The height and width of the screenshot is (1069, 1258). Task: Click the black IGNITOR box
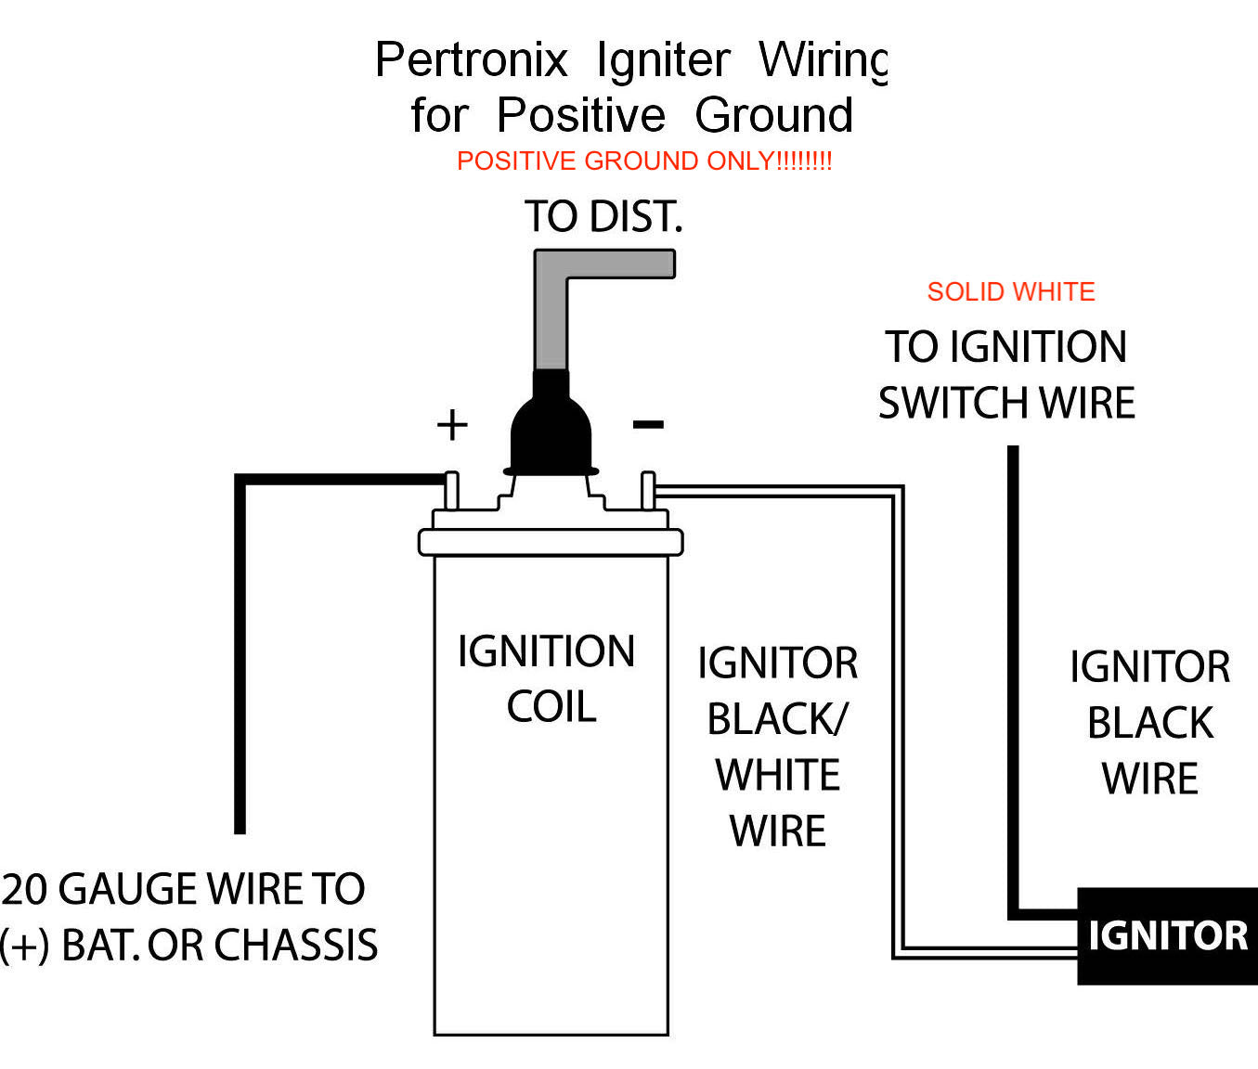click(1167, 935)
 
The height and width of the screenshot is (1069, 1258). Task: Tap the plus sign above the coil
click(452, 425)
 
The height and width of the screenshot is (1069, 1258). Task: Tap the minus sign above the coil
click(648, 425)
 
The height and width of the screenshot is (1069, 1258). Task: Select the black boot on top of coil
click(551, 427)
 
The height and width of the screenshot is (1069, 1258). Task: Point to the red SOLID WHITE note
click(1011, 292)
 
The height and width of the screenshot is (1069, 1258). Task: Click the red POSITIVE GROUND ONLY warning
click(644, 161)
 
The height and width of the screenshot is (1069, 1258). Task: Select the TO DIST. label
click(603, 216)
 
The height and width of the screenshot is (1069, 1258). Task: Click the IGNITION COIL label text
click(548, 678)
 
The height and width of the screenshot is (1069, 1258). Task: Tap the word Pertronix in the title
click(471, 60)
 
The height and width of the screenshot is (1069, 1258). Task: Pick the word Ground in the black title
click(774, 115)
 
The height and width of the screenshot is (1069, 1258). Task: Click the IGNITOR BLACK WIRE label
click(1149, 722)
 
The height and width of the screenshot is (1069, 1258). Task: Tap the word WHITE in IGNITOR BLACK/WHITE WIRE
click(778, 775)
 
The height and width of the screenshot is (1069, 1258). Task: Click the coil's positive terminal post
click(452, 491)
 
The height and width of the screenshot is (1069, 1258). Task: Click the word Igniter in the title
click(663, 60)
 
